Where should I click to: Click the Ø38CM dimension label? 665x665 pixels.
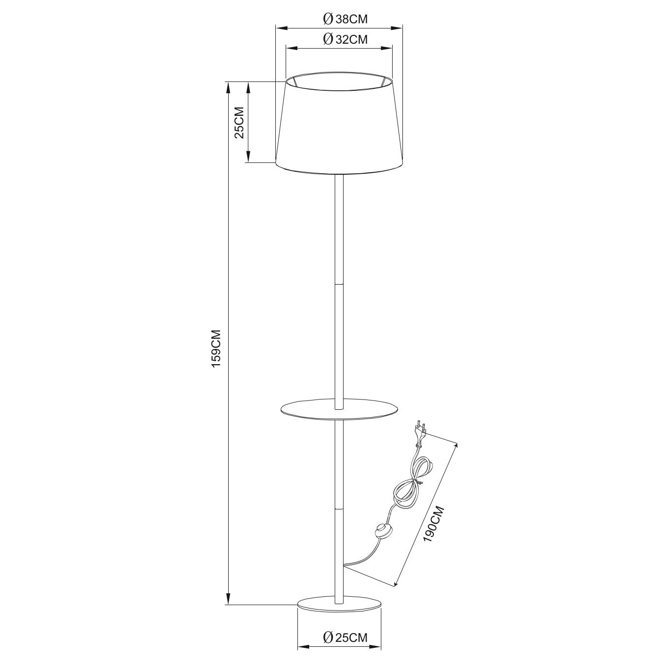click(x=345, y=19)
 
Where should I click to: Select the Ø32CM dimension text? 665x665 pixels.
click(x=345, y=40)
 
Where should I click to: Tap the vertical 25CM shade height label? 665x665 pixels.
click(x=239, y=123)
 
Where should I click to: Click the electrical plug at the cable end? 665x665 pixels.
click(x=420, y=437)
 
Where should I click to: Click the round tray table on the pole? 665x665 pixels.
click(x=340, y=410)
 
